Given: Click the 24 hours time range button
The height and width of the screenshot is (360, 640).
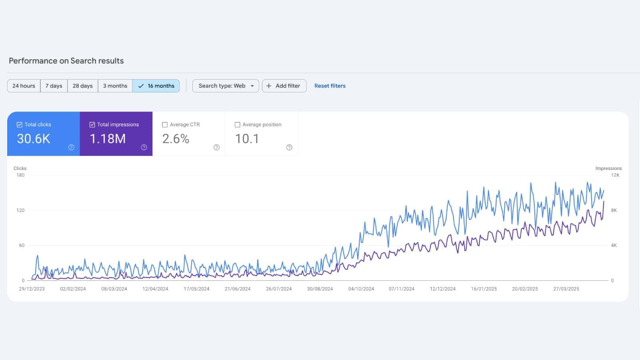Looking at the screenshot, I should [24, 86].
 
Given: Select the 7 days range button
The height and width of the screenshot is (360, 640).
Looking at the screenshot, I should [54, 86].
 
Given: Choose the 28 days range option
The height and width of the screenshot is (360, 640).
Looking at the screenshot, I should [82, 86].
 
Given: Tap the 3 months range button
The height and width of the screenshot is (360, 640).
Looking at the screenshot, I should [115, 86].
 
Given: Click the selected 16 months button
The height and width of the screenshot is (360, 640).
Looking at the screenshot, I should [156, 86].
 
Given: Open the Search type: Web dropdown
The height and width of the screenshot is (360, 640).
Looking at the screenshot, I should [226, 86].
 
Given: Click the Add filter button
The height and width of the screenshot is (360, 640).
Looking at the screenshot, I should [284, 86].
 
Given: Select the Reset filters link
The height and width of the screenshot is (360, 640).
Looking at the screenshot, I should [330, 86].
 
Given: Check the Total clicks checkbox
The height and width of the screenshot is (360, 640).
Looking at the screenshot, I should [19, 125].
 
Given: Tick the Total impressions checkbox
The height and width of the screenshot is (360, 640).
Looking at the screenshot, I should [92, 125].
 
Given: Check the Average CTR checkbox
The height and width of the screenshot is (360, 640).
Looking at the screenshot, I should [165, 125].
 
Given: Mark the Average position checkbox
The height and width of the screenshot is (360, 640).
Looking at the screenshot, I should [237, 125].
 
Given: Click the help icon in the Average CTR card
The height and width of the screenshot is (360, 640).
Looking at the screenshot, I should [216, 147].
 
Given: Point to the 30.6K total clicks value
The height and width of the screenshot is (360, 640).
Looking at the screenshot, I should [34, 139].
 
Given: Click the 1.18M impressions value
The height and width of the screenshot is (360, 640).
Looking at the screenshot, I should [108, 139].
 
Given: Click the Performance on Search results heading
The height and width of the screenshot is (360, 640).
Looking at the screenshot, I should [66, 61].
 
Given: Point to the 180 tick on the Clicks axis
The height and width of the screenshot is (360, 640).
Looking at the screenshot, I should [20, 175].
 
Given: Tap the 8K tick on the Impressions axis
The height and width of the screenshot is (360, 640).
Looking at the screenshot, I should [614, 210].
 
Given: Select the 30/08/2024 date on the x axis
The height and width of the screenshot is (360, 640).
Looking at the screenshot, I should [320, 289].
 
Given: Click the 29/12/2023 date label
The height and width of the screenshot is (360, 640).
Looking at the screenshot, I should [32, 289].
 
